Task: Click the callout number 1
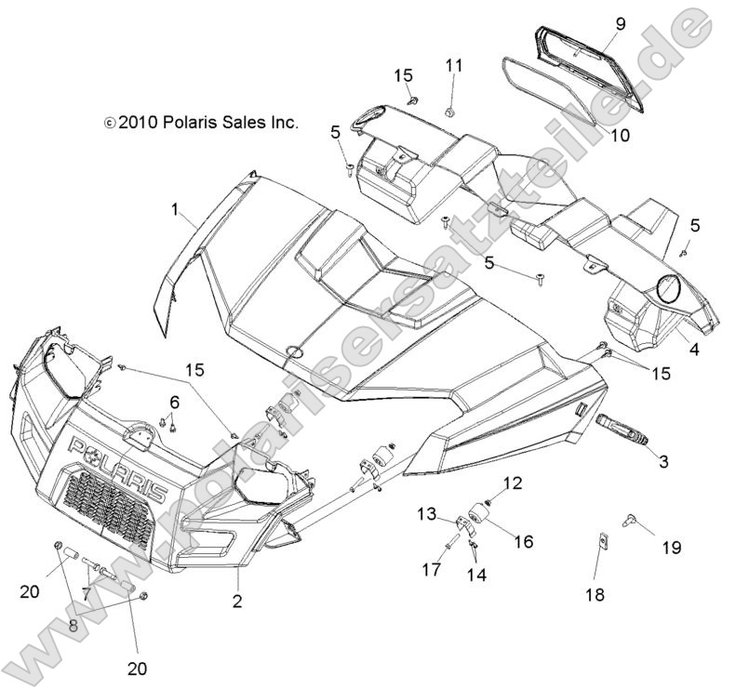(174, 211)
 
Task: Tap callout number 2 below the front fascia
(237, 602)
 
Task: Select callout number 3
(662, 461)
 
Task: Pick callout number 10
(620, 135)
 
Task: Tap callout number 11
(453, 65)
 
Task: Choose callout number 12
(513, 483)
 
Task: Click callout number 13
(426, 513)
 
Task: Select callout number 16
(524, 541)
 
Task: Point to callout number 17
(432, 569)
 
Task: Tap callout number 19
(670, 548)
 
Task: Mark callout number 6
(174, 402)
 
